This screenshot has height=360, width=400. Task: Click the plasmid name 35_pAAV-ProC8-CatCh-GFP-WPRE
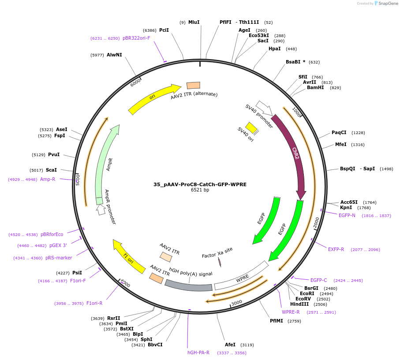point(200,184)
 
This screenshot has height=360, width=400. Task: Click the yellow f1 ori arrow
point(128,257)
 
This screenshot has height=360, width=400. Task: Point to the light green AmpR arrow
point(105,163)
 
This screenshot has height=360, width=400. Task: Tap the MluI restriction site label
point(194,22)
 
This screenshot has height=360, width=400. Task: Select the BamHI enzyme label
point(315,87)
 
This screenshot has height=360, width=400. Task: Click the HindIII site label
point(299,304)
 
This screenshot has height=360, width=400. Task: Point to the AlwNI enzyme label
point(114,55)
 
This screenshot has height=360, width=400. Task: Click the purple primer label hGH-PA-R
point(198,352)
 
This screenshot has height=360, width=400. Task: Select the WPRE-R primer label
point(291,312)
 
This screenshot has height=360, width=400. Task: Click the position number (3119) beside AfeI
point(247,345)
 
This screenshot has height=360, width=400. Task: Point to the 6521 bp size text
point(200,190)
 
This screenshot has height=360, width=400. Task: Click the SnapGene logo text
point(387,4)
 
